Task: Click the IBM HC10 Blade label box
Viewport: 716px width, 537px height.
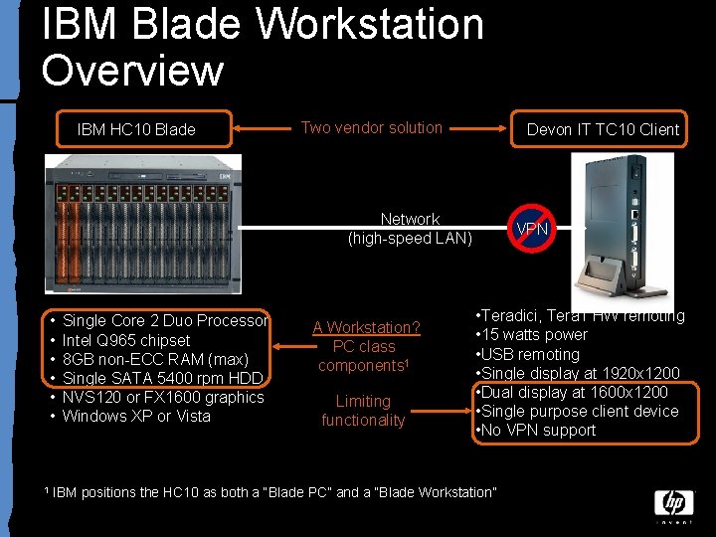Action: (x=137, y=129)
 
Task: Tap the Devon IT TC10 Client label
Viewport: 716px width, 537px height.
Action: (x=603, y=129)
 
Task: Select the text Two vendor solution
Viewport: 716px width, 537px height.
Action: (x=371, y=127)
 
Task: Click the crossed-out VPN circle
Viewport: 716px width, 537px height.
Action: (x=531, y=230)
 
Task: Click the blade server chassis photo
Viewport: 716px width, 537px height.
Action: (x=144, y=224)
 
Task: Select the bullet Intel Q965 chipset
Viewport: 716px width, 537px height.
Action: (x=125, y=340)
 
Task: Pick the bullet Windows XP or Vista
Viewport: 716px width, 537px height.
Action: (x=136, y=416)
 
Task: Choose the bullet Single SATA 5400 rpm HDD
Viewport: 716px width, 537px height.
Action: (x=162, y=378)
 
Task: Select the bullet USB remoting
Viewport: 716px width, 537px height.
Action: (x=531, y=354)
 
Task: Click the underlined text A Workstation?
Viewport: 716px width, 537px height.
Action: (x=366, y=327)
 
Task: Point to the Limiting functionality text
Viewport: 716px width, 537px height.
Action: (x=363, y=411)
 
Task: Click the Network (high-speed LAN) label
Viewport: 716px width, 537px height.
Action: (x=410, y=229)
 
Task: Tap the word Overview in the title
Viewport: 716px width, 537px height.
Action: (x=133, y=70)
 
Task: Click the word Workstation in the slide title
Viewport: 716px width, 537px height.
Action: (x=371, y=24)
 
